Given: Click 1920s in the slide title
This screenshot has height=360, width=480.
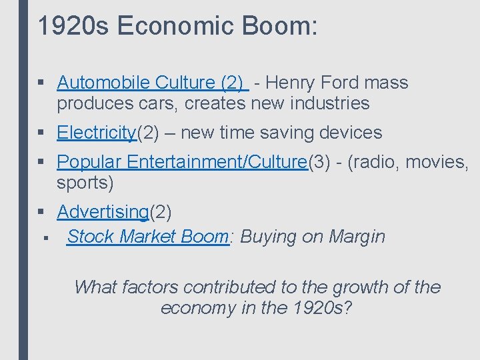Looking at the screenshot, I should [x=73, y=26].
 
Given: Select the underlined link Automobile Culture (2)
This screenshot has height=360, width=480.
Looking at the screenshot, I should [x=153, y=83].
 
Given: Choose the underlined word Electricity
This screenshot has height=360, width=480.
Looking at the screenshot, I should [x=97, y=133].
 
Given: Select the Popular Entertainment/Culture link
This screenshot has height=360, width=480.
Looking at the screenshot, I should [x=182, y=162].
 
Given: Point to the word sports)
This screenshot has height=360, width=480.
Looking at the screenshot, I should [x=85, y=183].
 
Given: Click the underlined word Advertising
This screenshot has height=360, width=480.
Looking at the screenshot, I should [x=103, y=212].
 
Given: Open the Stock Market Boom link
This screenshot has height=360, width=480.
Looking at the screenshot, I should [x=147, y=236].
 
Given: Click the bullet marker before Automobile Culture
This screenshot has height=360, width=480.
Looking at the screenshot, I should [x=41, y=83].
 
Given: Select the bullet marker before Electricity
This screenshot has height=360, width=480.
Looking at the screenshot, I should [x=41, y=133].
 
